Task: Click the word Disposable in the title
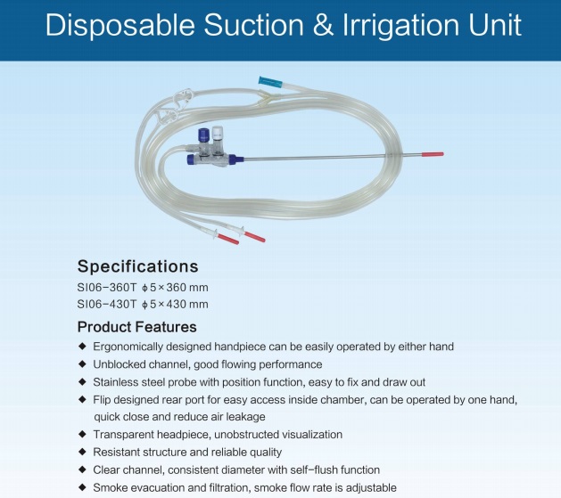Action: click(120, 26)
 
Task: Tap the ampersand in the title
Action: click(323, 25)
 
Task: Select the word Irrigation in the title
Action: click(400, 26)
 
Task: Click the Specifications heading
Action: click(137, 266)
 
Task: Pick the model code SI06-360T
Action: click(107, 287)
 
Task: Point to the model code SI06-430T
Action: click(107, 304)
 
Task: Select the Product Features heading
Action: click(137, 327)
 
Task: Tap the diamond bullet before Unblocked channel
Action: click(83, 363)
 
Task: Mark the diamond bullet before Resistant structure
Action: click(83, 452)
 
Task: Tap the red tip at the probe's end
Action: click(433, 154)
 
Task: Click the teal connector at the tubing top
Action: click(270, 82)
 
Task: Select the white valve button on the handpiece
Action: click(218, 134)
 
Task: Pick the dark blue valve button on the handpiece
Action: click(204, 135)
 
